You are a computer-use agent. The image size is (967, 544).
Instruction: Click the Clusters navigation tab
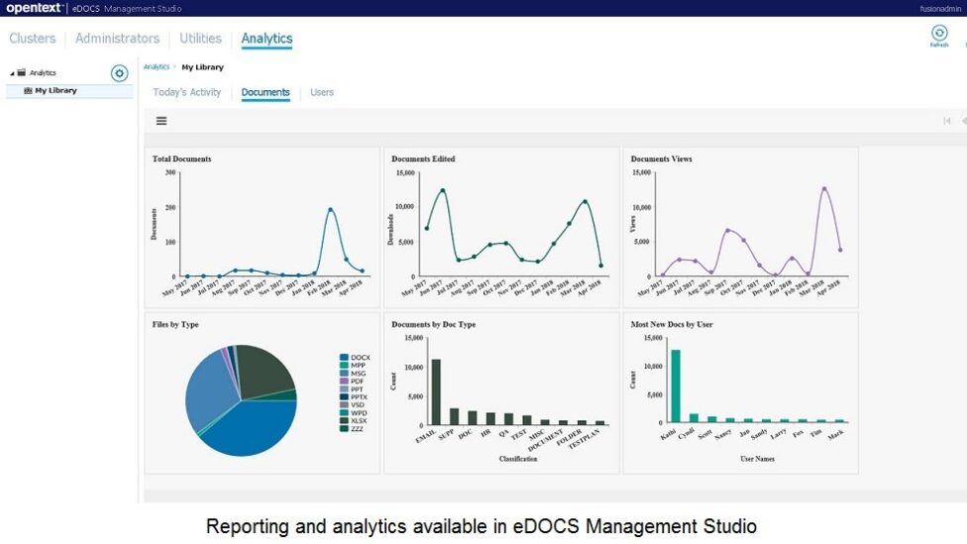32,39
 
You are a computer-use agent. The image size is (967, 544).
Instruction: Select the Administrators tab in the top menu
117,39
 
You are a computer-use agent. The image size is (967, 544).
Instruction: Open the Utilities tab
200,39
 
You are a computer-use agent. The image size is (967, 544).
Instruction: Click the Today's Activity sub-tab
187,92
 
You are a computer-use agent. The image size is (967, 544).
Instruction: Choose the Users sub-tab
322,92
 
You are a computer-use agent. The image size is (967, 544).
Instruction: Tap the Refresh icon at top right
939,35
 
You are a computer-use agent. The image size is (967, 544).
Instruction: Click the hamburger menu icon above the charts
161,121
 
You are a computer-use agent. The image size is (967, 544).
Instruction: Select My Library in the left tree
55,90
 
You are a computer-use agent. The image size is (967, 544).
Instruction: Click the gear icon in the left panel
119,73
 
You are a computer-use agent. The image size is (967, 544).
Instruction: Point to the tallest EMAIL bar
436,391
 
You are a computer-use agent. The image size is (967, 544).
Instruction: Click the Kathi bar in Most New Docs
676,386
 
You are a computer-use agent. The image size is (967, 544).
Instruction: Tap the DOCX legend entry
360,358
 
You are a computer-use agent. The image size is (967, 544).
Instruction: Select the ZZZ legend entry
358,429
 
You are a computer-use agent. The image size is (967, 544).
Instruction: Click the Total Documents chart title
181,159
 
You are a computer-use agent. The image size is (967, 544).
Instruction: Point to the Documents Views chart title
661,159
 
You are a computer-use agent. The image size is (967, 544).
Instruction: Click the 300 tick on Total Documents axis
170,172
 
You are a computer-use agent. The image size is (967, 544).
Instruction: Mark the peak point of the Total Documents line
330,209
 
